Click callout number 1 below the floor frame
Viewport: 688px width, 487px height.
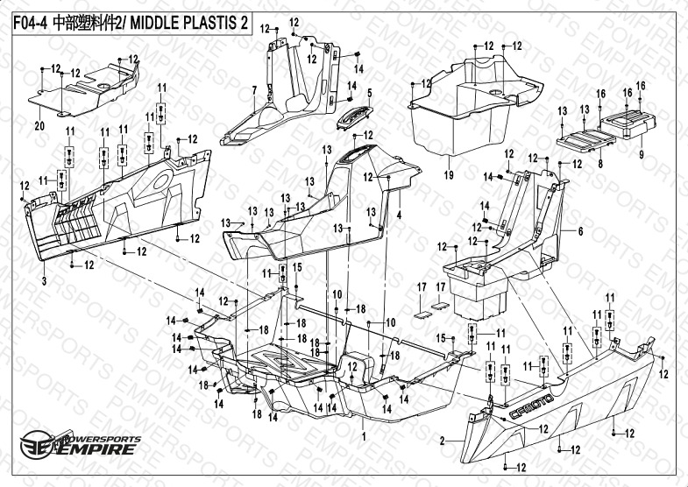362,435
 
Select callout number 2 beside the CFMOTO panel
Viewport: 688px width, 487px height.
444,440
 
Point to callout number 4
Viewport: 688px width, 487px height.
399,215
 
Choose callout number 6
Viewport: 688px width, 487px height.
579,230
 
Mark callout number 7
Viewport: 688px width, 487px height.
253,91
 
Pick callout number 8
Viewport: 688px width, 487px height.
599,164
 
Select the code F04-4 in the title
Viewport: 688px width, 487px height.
29,25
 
